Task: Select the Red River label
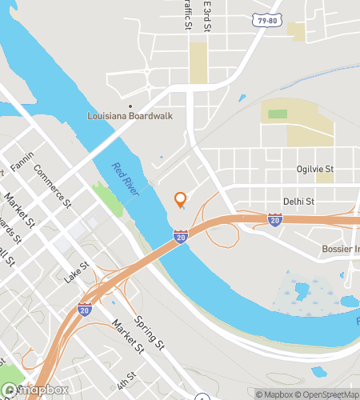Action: (126, 178)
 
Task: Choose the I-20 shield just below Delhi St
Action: (275, 218)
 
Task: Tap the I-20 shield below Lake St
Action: (84, 308)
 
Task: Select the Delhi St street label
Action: (296, 202)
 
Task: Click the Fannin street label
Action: (22, 162)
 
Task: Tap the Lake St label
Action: (77, 273)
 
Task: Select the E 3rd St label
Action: (206, 16)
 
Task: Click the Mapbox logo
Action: (32, 391)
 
